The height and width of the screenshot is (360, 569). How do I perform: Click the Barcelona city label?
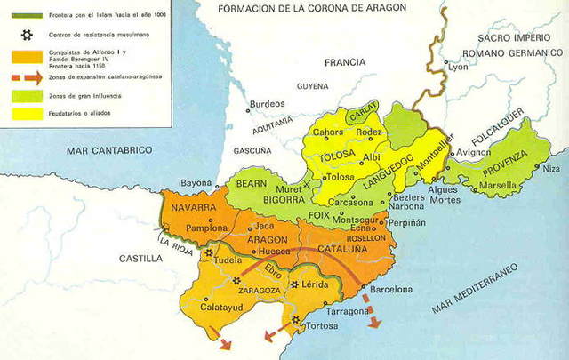[x=391, y=290]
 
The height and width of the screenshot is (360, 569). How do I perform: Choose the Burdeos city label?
[x=266, y=104]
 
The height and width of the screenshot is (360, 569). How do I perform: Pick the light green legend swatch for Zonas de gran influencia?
[x=20, y=94]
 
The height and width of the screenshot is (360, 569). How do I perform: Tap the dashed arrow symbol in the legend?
[x=20, y=77]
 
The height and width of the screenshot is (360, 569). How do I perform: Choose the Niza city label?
[x=552, y=168]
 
